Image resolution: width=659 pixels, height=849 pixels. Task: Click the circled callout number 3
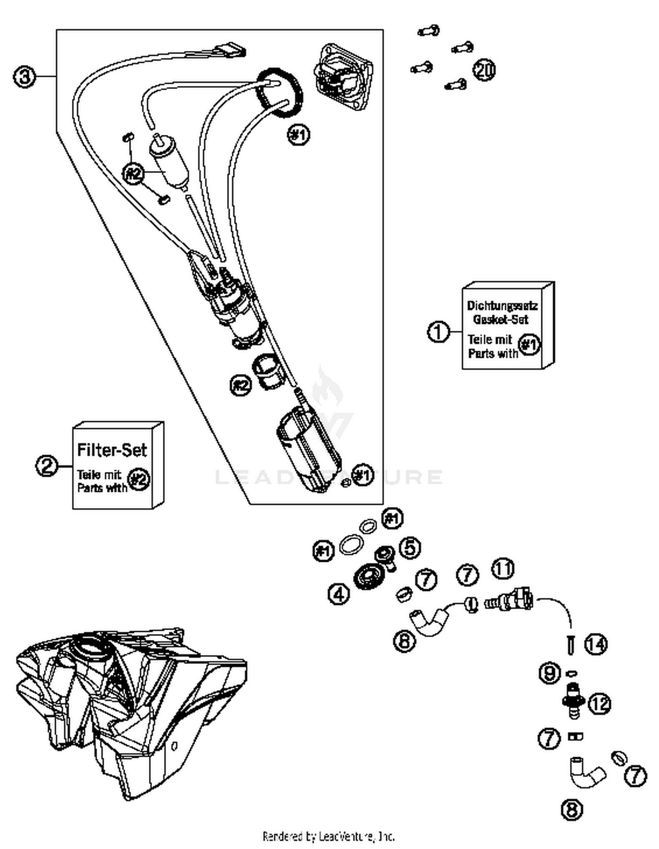pyautogui.click(x=24, y=76)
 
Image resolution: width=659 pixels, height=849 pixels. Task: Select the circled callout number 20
pyautogui.click(x=484, y=70)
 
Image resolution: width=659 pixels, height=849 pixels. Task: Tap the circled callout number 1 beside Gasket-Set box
pyautogui.click(x=438, y=331)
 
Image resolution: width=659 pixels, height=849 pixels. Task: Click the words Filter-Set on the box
pyautogui.click(x=112, y=450)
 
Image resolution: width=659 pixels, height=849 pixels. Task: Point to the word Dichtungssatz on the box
pyautogui.click(x=502, y=305)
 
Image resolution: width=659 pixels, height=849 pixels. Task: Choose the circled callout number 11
pyautogui.click(x=503, y=569)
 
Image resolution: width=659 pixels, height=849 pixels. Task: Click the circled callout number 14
pyautogui.click(x=596, y=644)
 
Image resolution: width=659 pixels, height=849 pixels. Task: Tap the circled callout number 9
pyautogui.click(x=550, y=673)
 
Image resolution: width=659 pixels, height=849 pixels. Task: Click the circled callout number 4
pyautogui.click(x=339, y=595)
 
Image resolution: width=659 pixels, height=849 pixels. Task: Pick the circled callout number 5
pyautogui.click(x=409, y=548)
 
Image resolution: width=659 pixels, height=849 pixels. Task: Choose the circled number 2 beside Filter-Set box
pyautogui.click(x=47, y=466)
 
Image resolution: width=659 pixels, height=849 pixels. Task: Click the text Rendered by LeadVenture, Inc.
pyautogui.click(x=329, y=836)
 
